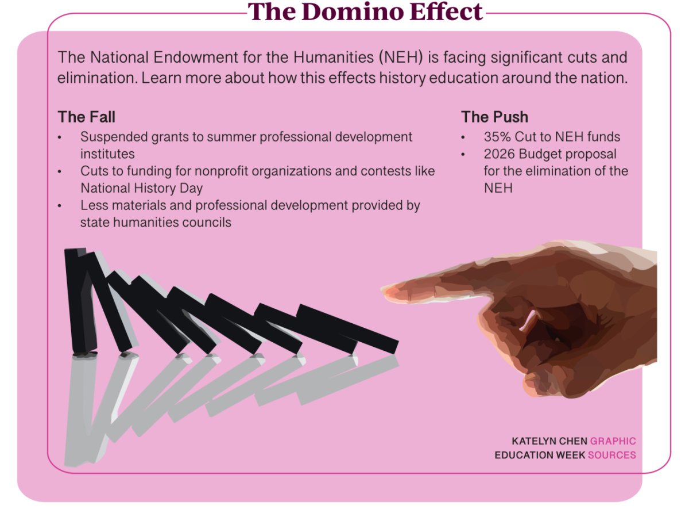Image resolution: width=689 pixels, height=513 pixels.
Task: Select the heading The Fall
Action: (86, 117)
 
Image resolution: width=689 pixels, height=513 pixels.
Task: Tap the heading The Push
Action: (494, 117)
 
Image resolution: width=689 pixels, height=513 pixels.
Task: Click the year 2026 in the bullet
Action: (499, 154)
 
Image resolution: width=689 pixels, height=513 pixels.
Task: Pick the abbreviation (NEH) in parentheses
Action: (401, 58)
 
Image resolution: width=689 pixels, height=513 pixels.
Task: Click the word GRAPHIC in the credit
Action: (613, 441)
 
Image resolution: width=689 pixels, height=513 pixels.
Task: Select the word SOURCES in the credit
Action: (612, 455)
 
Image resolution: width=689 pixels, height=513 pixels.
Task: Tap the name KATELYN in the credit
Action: (534, 441)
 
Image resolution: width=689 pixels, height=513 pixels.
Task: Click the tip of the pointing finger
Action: (382, 289)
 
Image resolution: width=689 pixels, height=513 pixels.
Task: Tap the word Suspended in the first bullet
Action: (114, 137)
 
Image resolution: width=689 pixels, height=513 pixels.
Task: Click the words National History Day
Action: (141, 188)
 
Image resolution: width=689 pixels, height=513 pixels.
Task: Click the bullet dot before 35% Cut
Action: (463, 137)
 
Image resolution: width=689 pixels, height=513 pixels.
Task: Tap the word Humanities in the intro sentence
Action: (334, 58)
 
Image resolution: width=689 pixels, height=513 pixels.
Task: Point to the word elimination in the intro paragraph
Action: (98, 78)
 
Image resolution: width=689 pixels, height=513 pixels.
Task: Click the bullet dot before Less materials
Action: (59, 206)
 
